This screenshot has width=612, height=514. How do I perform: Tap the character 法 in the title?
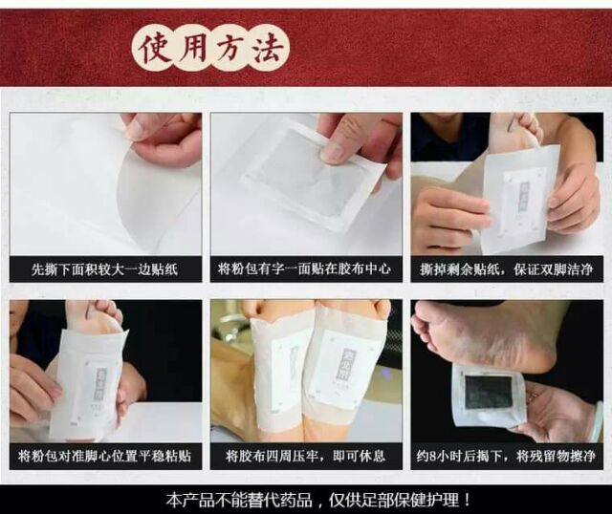click(x=269, y=49)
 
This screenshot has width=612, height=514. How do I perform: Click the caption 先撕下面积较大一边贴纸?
click(x=104, y=269)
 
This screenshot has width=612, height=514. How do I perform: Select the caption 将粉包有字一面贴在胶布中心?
click(x=304, y=268)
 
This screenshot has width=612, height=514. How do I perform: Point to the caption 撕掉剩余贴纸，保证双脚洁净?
click(x=507, y=269)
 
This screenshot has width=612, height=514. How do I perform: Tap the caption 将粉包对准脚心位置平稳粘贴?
click(x=104, y=456)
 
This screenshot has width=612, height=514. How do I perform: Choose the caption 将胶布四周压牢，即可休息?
click(x=305, y=456)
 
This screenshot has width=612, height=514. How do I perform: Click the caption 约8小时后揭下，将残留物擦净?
click(x=506, y=456)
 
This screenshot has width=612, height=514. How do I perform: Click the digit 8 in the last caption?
click(x=432, y=457)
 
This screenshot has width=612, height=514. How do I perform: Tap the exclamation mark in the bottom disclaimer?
click(x=466, y=500)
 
